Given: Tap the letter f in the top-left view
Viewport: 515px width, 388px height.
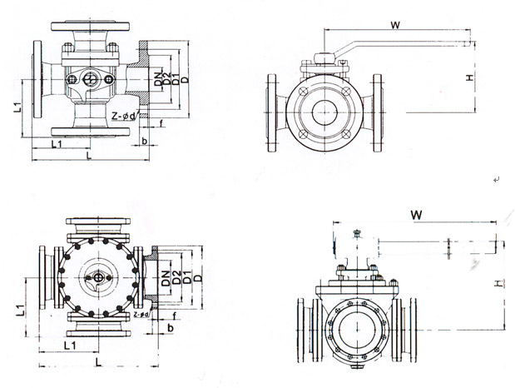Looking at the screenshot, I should coord(161,125).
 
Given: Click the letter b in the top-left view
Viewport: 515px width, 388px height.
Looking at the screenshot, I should coord(145,142).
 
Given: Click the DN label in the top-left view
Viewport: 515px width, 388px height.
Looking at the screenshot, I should coord(157,80).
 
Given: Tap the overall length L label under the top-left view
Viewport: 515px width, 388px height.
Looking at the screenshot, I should coord(88,156).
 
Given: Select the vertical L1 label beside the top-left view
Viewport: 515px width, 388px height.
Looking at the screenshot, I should coord(17,107).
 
